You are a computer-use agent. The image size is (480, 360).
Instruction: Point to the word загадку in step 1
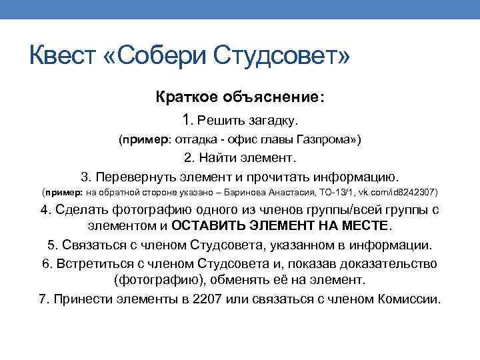pos(272,121)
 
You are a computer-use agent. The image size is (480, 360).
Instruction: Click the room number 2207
pos(207,299)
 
